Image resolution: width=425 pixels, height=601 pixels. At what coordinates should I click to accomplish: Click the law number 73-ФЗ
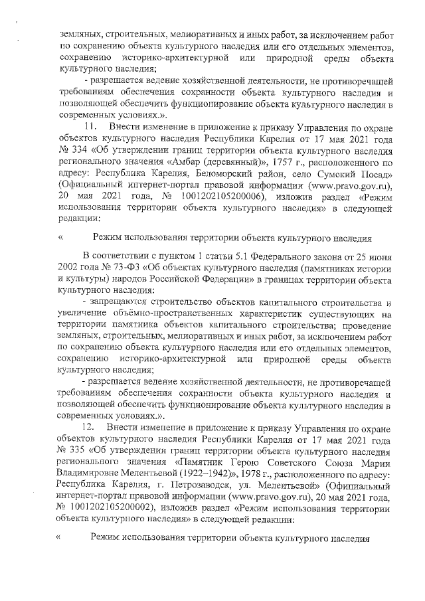point(120,266)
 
